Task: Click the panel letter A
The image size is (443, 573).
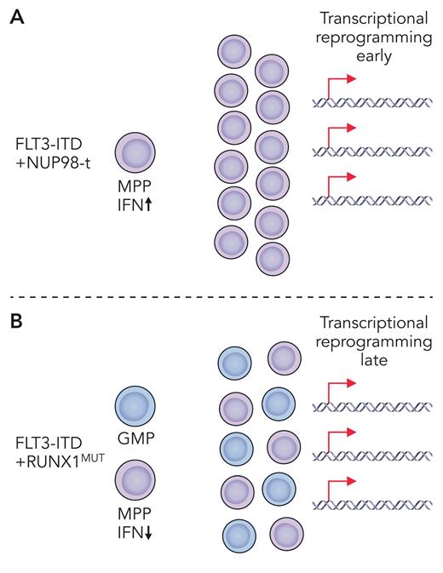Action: (x=15, y=17)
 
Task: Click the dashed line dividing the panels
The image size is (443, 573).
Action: (x=221, y=296)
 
